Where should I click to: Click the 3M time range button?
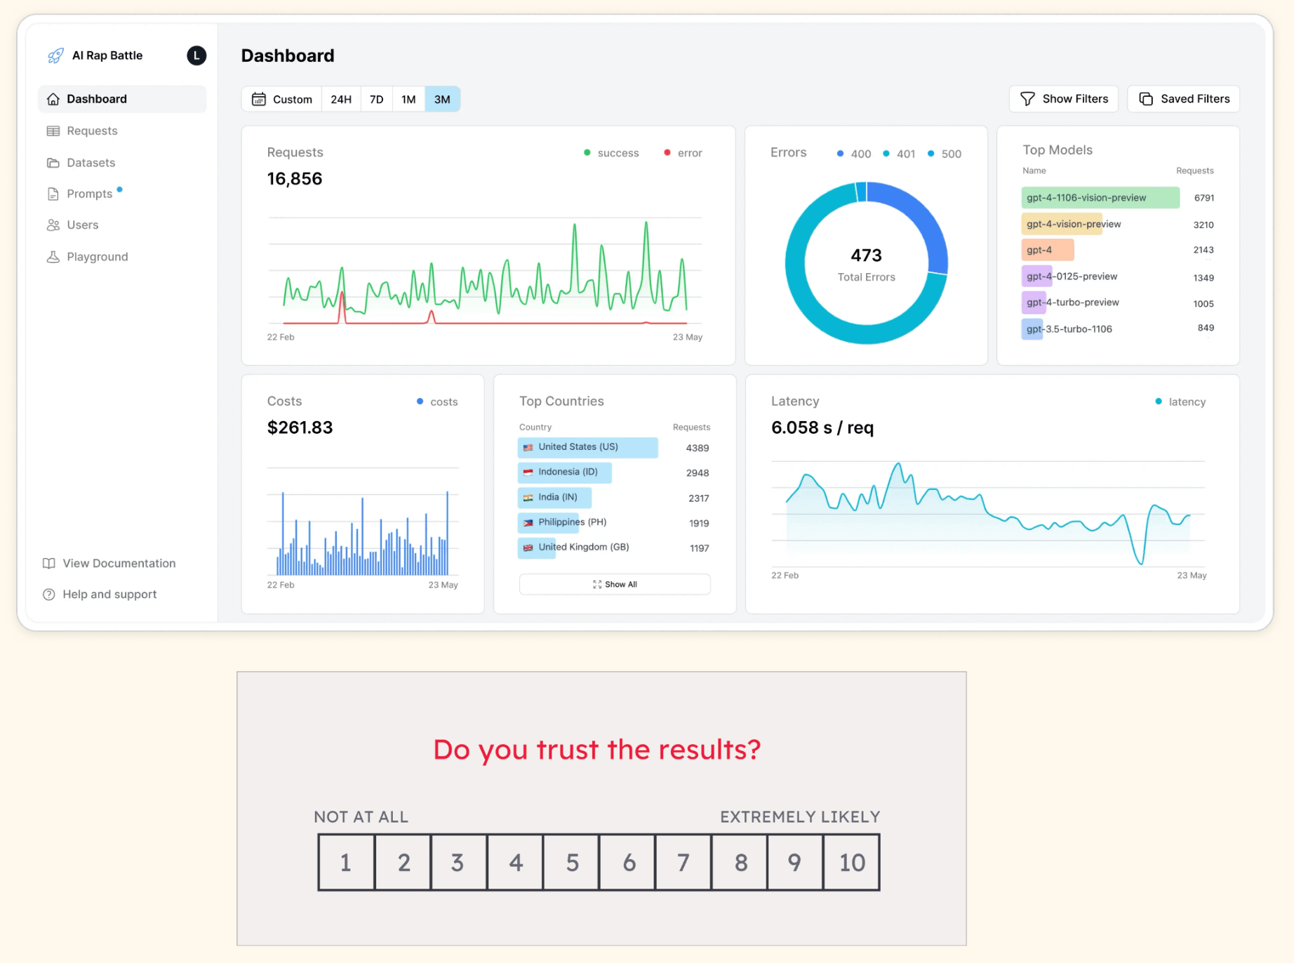pos(442,100)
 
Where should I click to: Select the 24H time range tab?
pos(341,100)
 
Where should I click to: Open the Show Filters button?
pos(1064,99)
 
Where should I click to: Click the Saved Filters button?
pos(1184,99)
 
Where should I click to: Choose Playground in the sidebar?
pos(97,257)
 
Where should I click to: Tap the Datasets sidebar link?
pos(91,163)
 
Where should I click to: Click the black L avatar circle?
pos(196,55)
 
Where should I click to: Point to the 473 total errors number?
pos(866,255)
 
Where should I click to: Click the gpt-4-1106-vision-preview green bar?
pos(1100,198)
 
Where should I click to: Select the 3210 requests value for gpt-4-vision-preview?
pos(1203,225)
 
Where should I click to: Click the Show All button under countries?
pos(615,585)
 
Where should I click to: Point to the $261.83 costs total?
pos(300,427)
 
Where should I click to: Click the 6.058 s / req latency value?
pos(822,427)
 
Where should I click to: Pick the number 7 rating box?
pos(683,863)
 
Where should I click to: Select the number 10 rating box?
pos(851,863)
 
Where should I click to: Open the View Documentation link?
pos(119,564)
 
